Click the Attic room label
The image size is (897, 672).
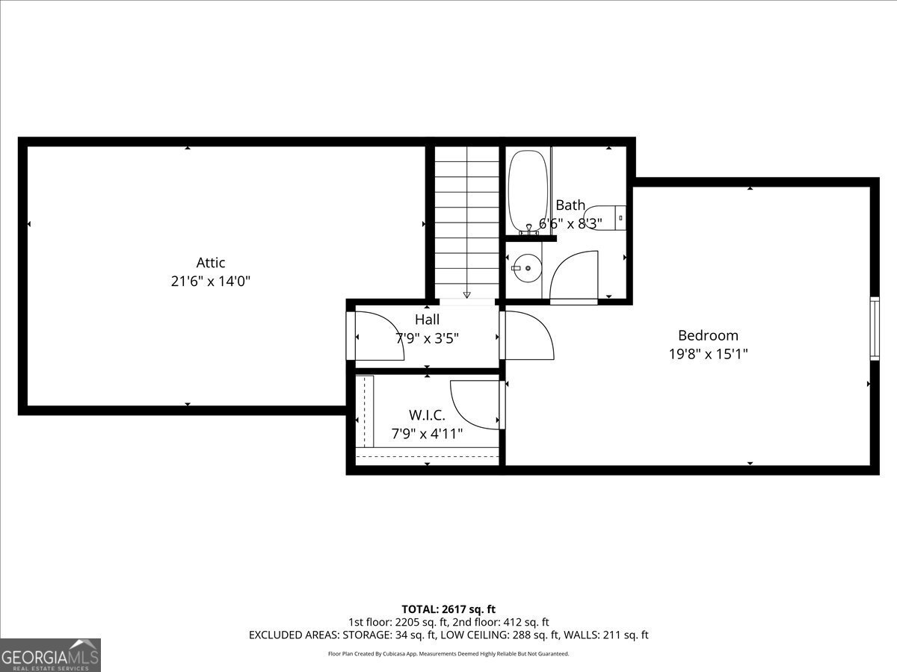coord(211,262)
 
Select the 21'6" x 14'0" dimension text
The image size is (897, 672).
coord(211,281)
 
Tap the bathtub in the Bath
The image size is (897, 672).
coord(528,192)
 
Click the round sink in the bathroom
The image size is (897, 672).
coord(527,268)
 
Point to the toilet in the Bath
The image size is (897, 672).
coord(605,218)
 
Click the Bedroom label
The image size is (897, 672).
coord(708,335)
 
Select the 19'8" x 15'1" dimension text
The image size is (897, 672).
coord(708,354)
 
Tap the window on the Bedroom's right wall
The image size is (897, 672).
coord(875,329)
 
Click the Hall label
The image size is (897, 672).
coord(427,320)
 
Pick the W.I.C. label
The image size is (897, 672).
coord(427,415)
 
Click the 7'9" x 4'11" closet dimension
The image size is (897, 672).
coord(427,434)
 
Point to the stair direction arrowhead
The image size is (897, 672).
coord(466,295)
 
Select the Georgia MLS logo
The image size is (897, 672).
coord(50,655)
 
